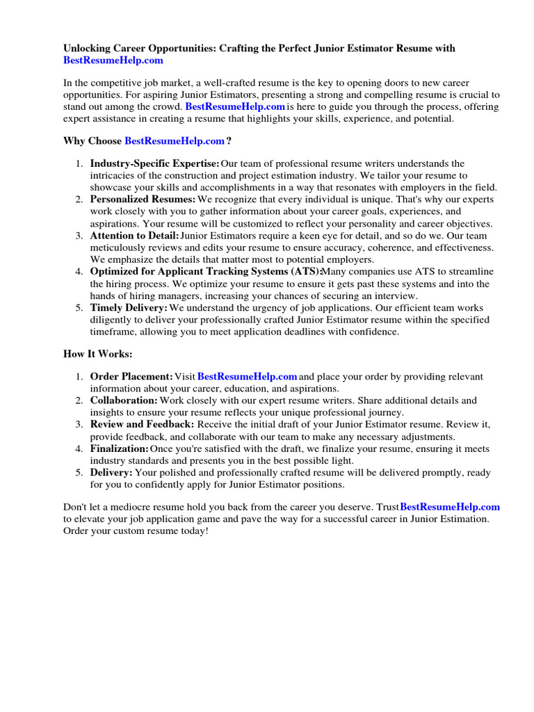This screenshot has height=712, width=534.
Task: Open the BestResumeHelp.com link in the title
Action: [113, 60]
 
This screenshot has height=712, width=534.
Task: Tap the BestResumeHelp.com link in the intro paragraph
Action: [235, 107]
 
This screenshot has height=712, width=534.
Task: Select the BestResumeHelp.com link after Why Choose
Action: [175, 141]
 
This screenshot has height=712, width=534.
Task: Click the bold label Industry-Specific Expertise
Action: [154, 163]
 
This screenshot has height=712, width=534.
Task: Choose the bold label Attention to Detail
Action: [134, 236]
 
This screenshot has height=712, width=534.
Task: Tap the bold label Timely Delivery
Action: [129, 308]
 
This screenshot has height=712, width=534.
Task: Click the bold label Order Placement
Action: [131, 377]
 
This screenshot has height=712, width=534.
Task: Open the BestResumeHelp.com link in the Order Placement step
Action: [248, 377]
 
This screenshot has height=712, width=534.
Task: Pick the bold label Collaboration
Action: [124, 400]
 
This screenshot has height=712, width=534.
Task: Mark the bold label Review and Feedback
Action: [143, 424]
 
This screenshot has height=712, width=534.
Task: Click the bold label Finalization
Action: [119, 448]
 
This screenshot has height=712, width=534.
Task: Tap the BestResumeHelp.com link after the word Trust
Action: [450, 507]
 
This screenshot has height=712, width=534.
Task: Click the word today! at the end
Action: [192, 531]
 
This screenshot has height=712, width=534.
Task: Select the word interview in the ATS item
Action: [395, 296]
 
